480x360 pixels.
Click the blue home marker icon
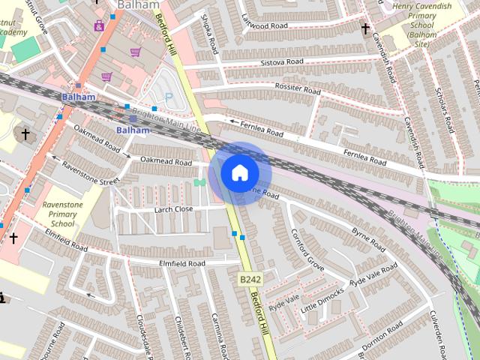(239, 172)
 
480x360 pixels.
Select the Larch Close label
(173, 209)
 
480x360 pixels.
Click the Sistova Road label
(281, 61)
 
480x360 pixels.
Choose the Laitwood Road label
(264, 25)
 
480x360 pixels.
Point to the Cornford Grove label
(307, 249)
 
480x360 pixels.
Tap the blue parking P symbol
(168, 97)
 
